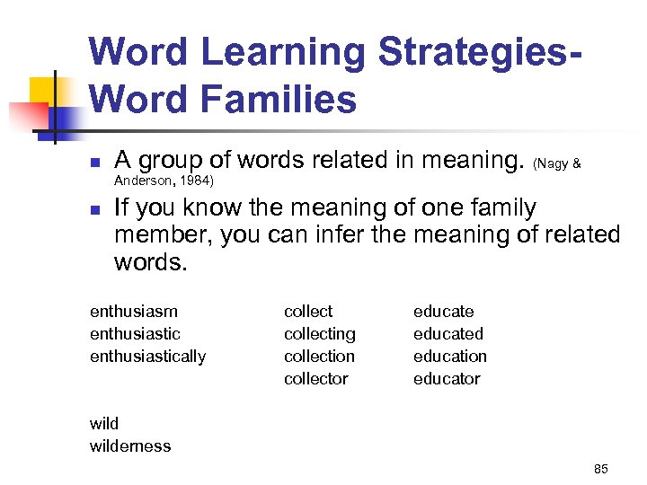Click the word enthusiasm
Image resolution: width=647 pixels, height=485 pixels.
point(134,312)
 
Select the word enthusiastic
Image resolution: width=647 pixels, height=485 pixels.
point(135,334)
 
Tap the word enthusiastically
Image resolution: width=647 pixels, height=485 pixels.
point(147,357)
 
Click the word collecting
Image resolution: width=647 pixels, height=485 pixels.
point(319,334)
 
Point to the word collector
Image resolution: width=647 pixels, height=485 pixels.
point(315,379)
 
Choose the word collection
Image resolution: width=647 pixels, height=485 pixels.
point(319,357)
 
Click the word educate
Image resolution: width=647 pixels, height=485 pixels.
point(443,312)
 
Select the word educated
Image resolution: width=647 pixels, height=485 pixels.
point(448,334)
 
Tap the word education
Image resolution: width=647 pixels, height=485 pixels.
point(449,357)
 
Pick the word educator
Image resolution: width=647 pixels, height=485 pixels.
point(447,379)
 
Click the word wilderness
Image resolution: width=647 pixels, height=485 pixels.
point(130,446)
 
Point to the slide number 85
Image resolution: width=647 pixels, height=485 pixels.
point(601,469)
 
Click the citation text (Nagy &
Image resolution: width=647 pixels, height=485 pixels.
point(557,164)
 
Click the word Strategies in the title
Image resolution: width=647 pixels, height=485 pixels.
point(473,52)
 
